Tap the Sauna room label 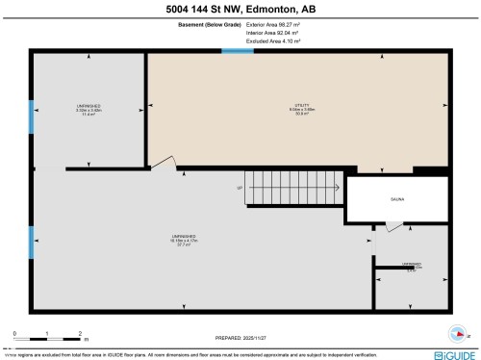pos(396,199)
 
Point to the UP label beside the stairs pos(239,189)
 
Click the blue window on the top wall pos(238,51)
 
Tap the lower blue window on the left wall pos(31,243)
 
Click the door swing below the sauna pos(393,227)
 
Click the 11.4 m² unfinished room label pos(89,110)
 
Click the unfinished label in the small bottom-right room pos(412,267)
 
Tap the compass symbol pos(460,334)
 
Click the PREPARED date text pos(240,336)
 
